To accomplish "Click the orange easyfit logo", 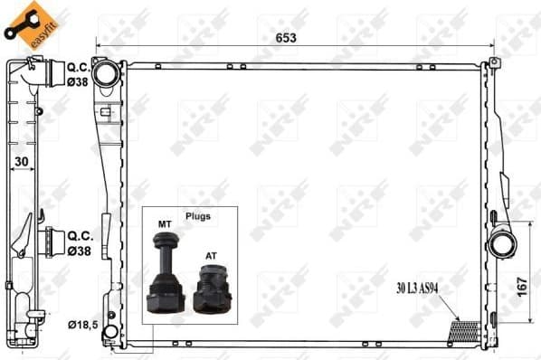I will pos(25,24).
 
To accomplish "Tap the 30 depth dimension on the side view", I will pos(20,164).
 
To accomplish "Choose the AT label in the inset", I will pos(209,256).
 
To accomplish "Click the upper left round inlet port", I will pos(106,71).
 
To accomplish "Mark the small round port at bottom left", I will pos(109,332).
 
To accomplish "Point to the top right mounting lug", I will pos(493,62).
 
